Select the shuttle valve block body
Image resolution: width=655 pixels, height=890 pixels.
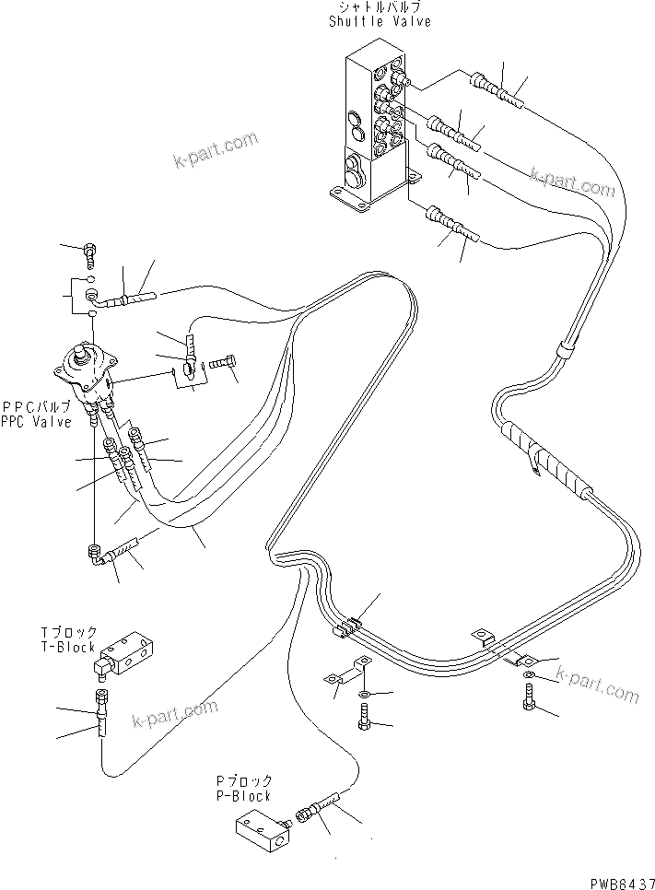pyautogui.click(x=368, y=129)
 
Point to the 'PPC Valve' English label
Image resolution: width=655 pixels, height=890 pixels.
pyautogui.click(x=36, y=423)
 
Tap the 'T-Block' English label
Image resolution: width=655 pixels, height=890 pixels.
pyautogui.click(x=68, y=647)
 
